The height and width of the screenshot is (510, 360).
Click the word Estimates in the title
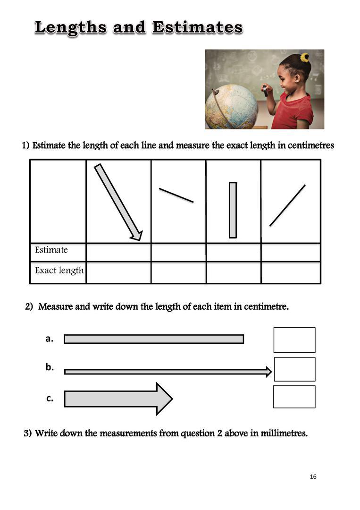[197, 27]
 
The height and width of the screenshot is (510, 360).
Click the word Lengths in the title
[71, 27]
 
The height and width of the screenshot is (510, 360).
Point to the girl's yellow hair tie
[305, 58]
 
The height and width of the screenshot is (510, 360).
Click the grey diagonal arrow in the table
[118, 202]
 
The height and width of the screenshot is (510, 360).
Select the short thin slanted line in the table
[176, 195]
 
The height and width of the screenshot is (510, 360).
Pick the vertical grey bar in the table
[233, 210]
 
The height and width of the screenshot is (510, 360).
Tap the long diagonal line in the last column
[287, 205]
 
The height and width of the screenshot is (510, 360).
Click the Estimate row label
[51, 250]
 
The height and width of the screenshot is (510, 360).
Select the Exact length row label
[59, 271]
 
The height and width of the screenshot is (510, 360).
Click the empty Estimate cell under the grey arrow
[118, 252]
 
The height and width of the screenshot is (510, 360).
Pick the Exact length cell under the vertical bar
[233, 272]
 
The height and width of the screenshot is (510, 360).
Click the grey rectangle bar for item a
[154, 339]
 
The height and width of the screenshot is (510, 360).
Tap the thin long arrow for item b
[167, 372]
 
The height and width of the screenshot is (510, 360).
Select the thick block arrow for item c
[118, 399]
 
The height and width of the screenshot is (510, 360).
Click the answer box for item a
[294, 340]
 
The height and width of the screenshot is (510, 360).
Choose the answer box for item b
[294, 369]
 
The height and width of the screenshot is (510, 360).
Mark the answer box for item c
[294, 397]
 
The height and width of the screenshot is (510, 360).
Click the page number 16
[313, 477]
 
